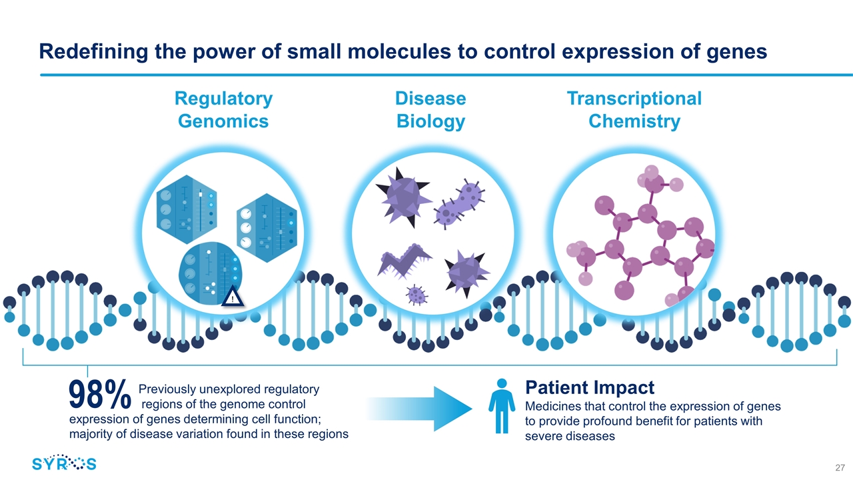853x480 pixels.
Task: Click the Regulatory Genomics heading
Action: (223, 110)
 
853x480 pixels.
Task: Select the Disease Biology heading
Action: (430, 110)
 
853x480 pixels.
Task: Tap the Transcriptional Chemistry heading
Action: (634, 110)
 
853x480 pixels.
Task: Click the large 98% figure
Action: (99, 397)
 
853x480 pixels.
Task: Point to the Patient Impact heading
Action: (590, 387)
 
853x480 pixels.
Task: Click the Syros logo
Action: (64, 463)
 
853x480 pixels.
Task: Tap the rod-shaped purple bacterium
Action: (460, 203)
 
